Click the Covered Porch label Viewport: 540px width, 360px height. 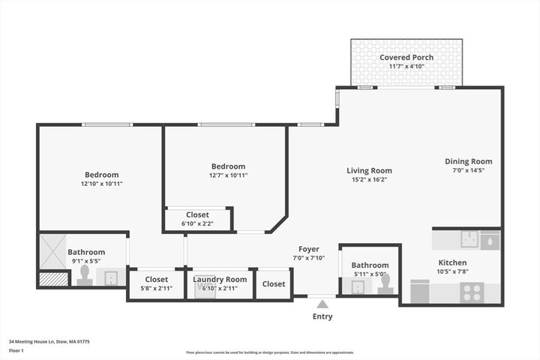[406, 57]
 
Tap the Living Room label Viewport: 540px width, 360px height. [369, 170]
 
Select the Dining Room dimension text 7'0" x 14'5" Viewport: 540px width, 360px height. [468, 170]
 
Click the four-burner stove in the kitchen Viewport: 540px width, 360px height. [472, 292]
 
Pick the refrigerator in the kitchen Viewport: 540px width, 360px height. [420, 292]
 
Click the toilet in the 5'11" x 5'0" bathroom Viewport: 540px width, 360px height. [385, 283]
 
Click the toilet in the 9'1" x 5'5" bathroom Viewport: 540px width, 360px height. [85, 275]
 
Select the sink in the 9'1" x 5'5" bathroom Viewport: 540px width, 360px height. [111, 278]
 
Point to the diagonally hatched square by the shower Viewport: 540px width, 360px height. [53, 279]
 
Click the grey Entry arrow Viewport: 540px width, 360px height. [322, 304]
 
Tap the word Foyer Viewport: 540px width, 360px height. [308, 249]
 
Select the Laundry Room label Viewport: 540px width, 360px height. [220, 279]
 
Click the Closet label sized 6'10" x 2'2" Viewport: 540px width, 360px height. [197, 214]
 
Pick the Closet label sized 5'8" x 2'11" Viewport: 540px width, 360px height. [156, 279]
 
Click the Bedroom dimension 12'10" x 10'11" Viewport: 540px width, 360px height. [101, 184]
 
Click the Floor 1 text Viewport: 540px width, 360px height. [16, 350]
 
